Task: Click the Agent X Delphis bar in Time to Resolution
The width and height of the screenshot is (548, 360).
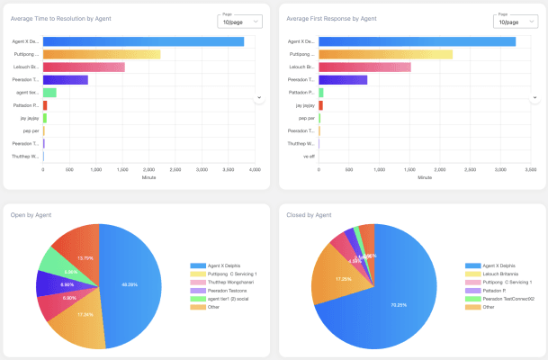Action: click(143, 41)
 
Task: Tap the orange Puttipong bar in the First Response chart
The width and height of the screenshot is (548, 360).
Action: click(385, 54)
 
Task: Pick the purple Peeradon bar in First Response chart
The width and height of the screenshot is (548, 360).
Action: click(343, 79)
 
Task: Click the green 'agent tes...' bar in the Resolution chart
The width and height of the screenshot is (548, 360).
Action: click(49, 92)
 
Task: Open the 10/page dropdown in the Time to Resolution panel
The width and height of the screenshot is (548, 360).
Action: click(239, 21)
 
